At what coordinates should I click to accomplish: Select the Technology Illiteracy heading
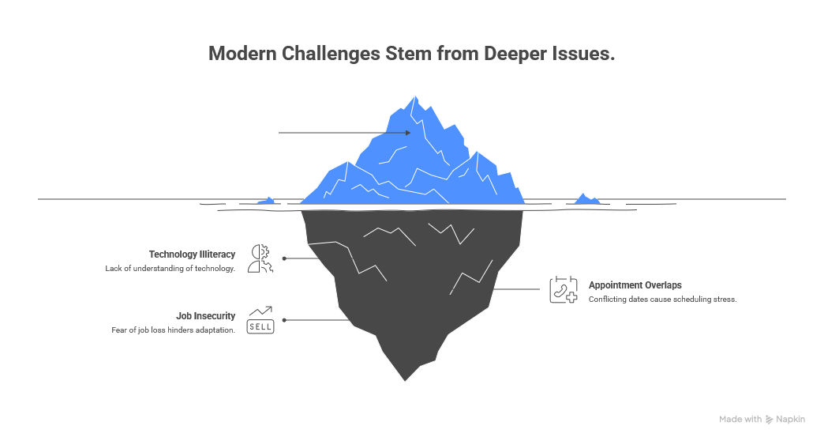coord(192,254)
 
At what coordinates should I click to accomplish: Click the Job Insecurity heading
coord(205,316)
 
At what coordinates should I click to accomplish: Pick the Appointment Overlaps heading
coord(635,285)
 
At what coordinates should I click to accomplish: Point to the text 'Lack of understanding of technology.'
coord(170,269)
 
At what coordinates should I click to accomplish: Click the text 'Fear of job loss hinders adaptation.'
coord(173,330)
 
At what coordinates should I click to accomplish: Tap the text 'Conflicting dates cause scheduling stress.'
coord(662,299)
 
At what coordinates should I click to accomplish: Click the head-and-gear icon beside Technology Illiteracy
coord(260,258)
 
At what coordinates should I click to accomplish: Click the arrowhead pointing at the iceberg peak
coord(408,133)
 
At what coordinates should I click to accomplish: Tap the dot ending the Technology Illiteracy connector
coord(284,258)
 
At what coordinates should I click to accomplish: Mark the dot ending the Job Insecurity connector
coord(284,320)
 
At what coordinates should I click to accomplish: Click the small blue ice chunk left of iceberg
coord(268,202)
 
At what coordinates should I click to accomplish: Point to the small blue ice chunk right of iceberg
coord(586,199)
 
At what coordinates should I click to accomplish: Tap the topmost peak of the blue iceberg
coord(414,97)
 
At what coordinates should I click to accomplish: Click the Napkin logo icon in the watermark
coord(770,420)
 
